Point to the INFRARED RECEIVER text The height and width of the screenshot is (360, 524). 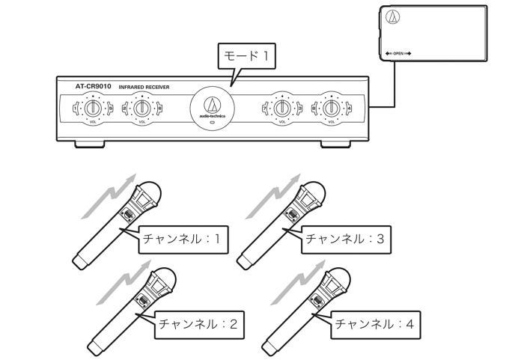click(144, 88)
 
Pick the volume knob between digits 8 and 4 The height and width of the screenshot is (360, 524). click(332, 109)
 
